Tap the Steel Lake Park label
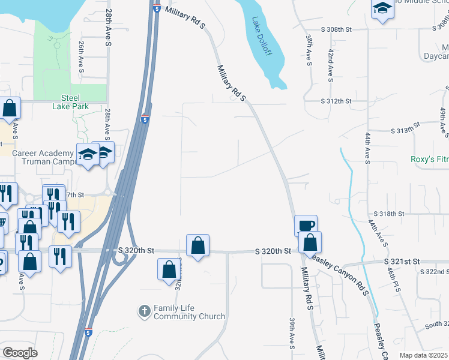(75, 102)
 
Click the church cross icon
(144, 311)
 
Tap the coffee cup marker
(306, 226)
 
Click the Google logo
(20, 353)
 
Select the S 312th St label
(336, 101)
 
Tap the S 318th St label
(390, 214)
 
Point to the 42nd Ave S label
(330, 65)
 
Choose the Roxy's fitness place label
(429, 159)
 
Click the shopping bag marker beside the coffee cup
(310, 242)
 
